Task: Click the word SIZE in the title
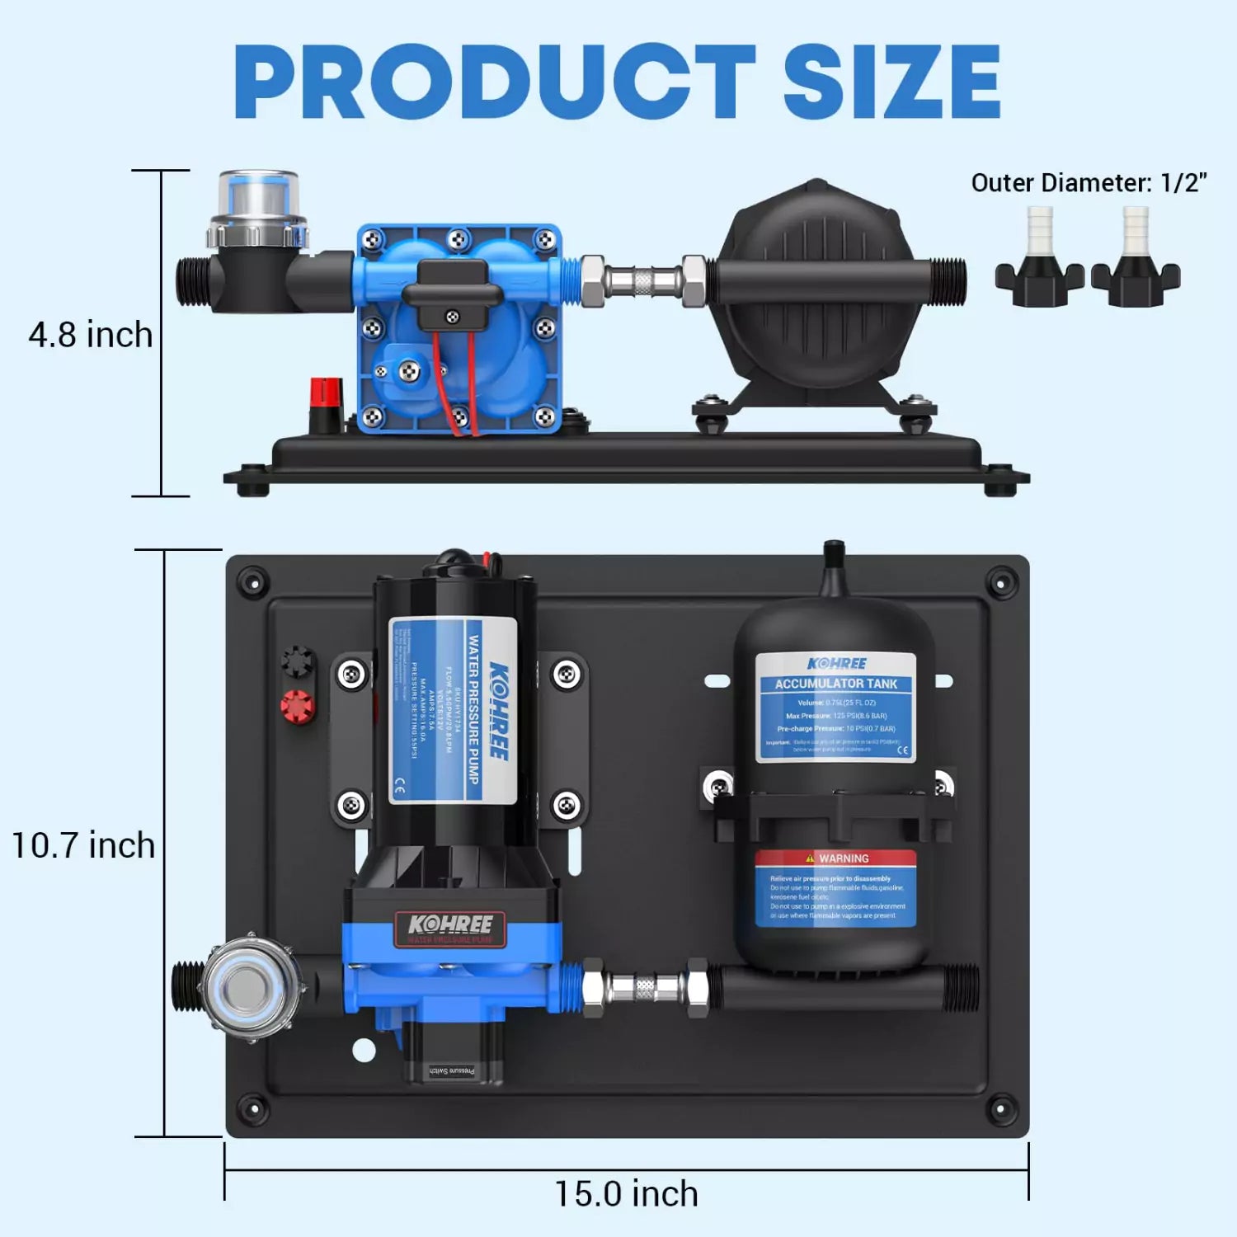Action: pyautogui.click(x=891, y=82)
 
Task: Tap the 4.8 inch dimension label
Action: pyautogui.click(x=91, y=336)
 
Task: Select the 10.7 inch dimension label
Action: pyautogui.click(x=83, y=846)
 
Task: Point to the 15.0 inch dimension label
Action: pyautogui.click(x=626, y=1194)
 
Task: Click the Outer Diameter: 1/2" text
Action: pyautogui.click(x=1089, y=183)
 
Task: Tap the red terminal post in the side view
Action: pyautogui.click(x=326, y=396)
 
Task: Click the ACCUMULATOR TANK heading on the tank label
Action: pyautogui.click(x=835, y=684)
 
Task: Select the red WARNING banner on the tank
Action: pyautogui.click(x=835, y=858)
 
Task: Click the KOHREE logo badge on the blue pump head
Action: pyautogui.click(x=450, y=927)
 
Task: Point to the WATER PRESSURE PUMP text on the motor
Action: pyautogui.click(x=473, y=709)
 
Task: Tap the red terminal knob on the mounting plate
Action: pyautogui.click(x=297, y=707)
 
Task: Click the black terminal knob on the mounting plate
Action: pyautogui.click(x=297, y=661)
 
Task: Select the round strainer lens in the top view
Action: pyautogui.click(x=243, y=987)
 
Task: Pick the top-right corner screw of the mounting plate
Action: pyautogui.click(x=1001, y=584)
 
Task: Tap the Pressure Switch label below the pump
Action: pyautogui.click(x=452, y=1071)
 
